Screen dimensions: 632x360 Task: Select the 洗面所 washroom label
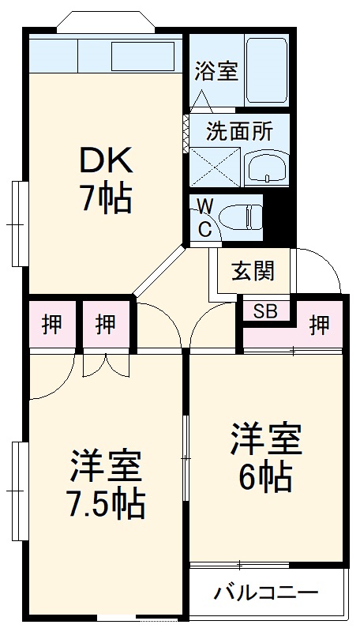pyautogui.click(x=239, y=130)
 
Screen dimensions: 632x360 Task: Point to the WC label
pyautogui.click(x=204, y=218)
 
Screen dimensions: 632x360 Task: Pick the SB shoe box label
pyautogui.click(x=265, y=310)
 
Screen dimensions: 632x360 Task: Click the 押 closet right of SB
pyautogui.click(x=318, y=324)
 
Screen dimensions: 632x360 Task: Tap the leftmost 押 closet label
pyautogui.click(x=52, y=324)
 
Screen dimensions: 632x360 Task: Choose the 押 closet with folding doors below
pyautogui.click(x=106, y=324)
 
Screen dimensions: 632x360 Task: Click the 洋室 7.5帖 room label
pyautogui.click(x=107, y=483)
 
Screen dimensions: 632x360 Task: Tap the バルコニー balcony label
pyautogui.click(x=266, y=592)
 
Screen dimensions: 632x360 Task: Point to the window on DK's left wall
pyautogui.click(x=19, y=224)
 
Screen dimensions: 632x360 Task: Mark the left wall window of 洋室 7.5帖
pyautogui.click(x=19, y=491)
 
